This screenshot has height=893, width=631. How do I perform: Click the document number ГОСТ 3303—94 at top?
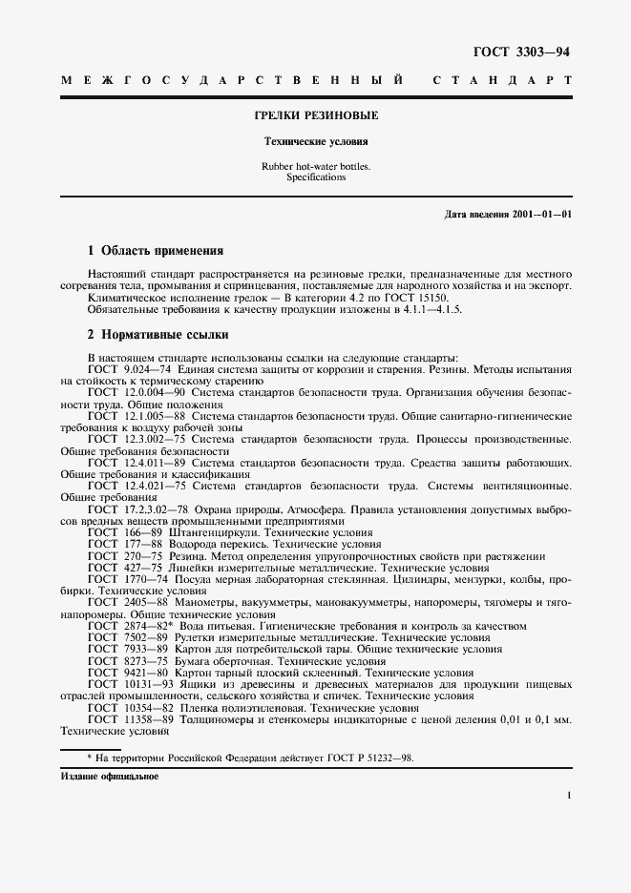click(528, 52)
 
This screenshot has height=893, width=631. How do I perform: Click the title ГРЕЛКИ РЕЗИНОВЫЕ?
click(315, 115)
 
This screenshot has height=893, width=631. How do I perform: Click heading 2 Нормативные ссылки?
click(158, 335)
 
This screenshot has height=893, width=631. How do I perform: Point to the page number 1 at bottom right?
click(568, 795)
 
